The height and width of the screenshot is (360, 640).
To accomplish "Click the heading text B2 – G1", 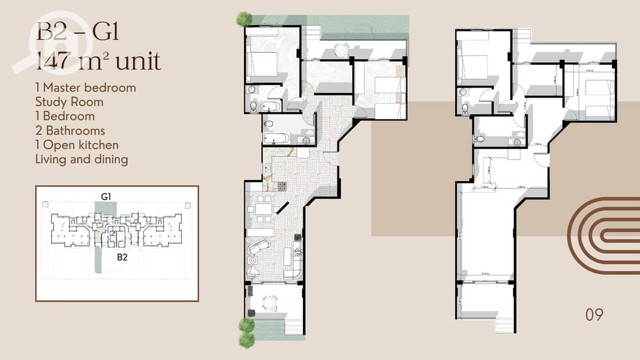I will pos(78,31).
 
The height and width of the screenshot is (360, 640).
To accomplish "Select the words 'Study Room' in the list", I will pos(69,102).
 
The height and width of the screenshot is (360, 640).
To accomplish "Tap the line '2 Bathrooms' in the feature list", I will pos(70,131).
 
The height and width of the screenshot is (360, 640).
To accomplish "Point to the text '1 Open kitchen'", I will pos(77,145).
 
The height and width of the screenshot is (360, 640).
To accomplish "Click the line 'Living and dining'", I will pos(82,160).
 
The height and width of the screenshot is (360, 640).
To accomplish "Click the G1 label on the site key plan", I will pos(106,196).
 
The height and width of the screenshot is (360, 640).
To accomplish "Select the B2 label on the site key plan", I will pos(122,257).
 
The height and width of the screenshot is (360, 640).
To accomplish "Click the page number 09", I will pos(594,314).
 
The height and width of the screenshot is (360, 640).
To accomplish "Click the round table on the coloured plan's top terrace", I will pos(341,50).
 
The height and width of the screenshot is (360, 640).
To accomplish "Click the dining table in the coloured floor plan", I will pos(264,209).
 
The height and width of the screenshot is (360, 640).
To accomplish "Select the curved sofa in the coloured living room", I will pos(259,248).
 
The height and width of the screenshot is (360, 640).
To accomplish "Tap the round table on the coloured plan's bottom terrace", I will pos(272,304).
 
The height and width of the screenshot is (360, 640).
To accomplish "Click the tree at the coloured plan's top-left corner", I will pos(244,19).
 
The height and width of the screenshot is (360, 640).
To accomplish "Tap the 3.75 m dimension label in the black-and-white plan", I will pos(486,275).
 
